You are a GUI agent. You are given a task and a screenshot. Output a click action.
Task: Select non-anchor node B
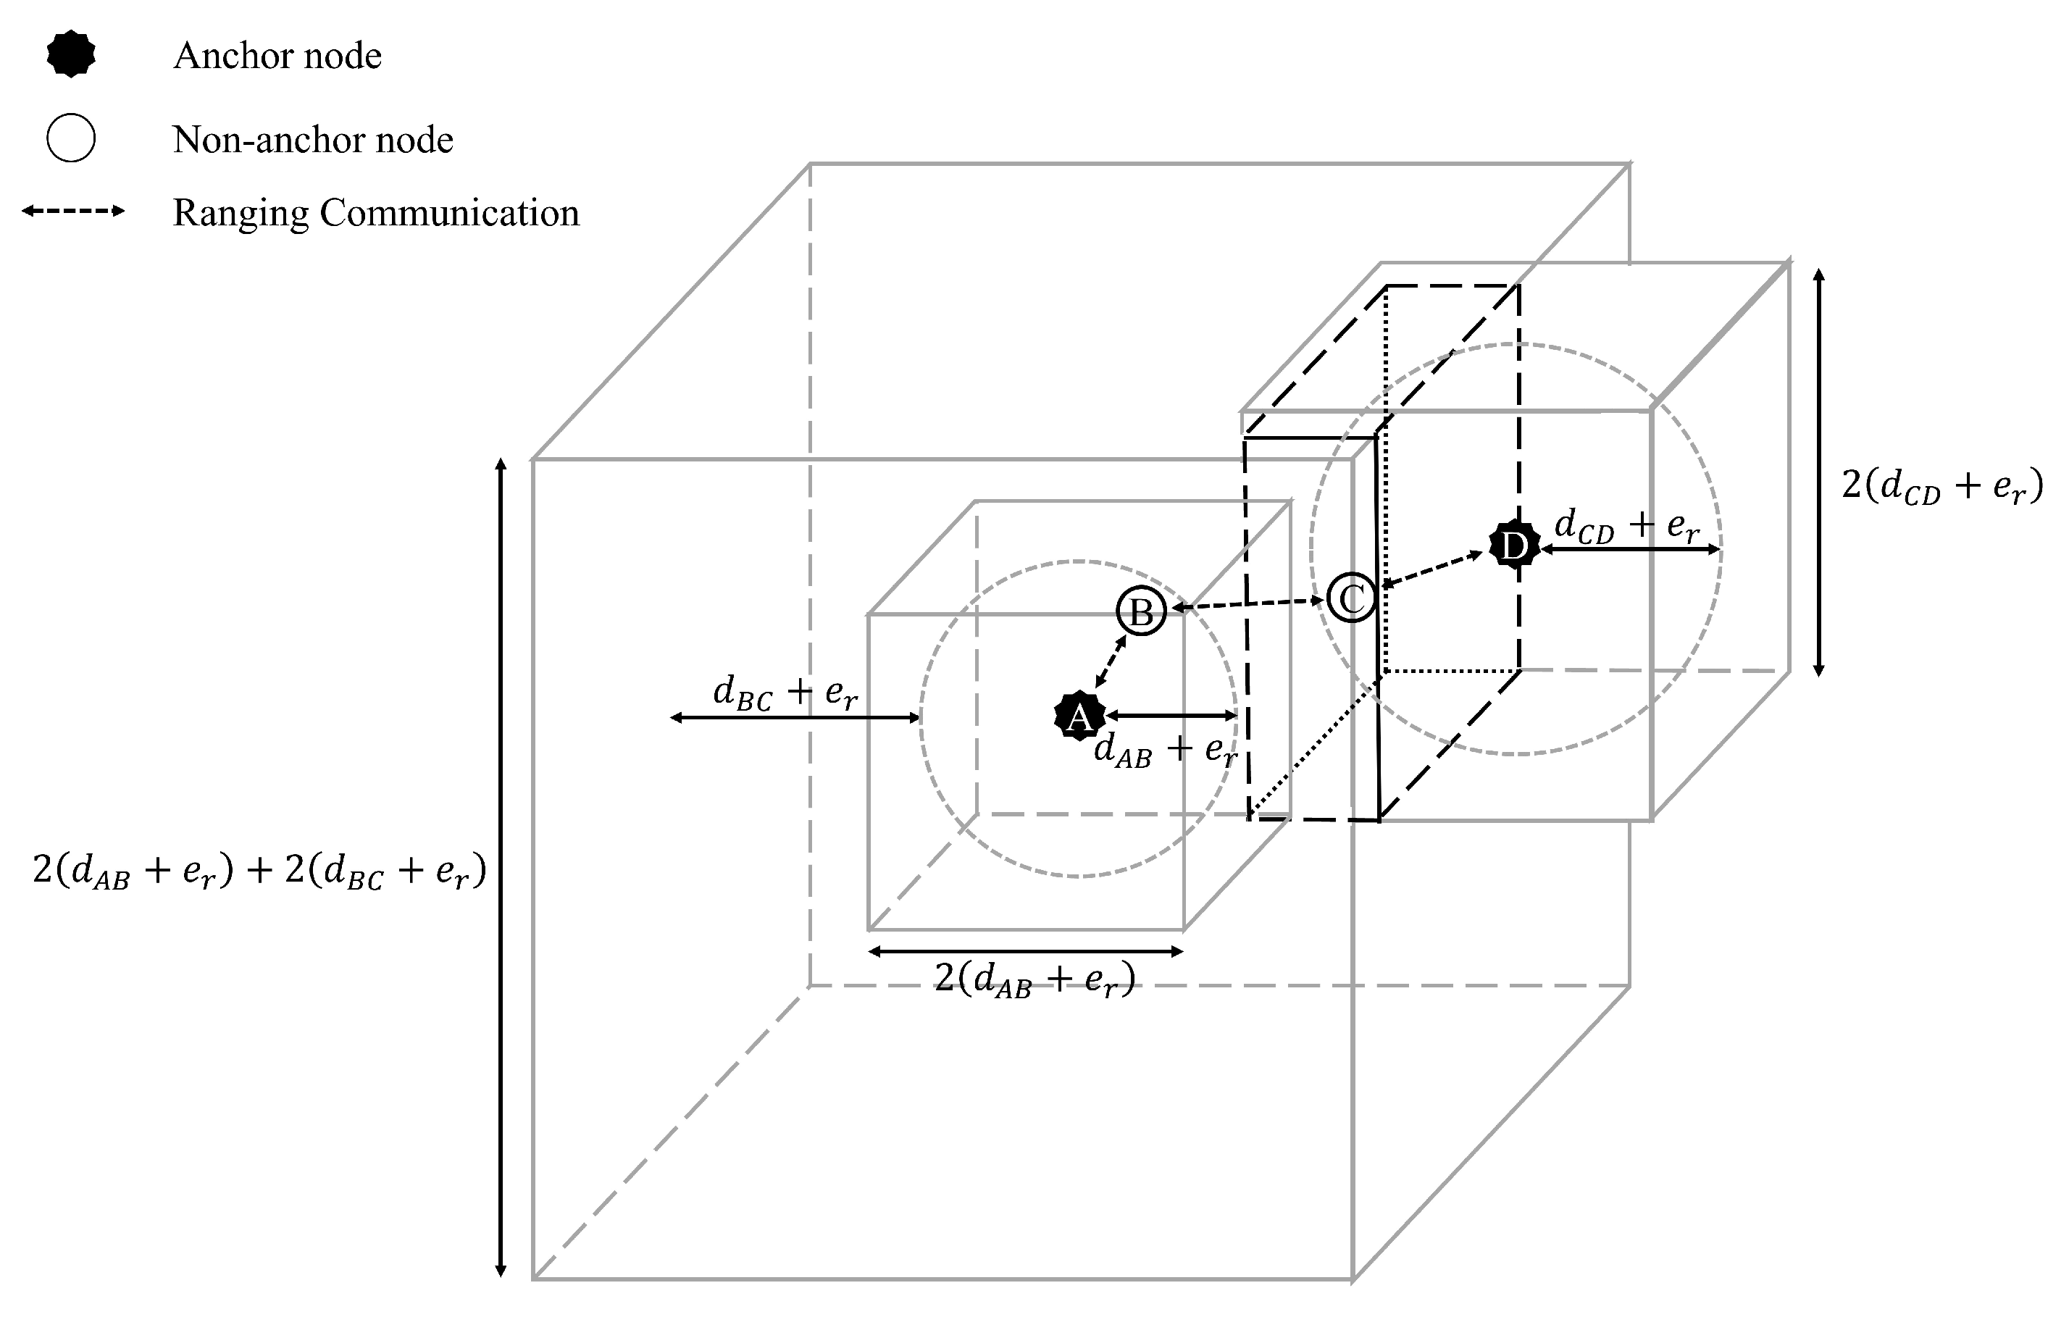(x=1140, y=611)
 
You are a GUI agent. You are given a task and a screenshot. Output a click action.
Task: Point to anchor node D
(x=1514, y=545)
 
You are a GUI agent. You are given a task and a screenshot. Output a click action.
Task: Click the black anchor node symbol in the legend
(x=70, y=54)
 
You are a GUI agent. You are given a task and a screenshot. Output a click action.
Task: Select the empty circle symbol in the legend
(x=70, y=138)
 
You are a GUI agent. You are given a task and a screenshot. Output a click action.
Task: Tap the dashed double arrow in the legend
(x=73, y=211)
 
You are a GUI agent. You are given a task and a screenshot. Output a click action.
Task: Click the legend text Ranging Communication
(x=375, y=213)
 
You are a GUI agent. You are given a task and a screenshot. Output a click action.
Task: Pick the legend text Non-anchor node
(x=312, y=139)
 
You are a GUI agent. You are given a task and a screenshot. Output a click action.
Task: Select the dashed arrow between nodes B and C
(x=1247, y=604)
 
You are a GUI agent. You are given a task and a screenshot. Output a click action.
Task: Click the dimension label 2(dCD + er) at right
(x=1941, y=486)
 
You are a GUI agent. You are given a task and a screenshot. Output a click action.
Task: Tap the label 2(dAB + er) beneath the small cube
(x=1034, y=979)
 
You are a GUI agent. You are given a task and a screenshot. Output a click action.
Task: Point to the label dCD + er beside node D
(x=1626, y=525)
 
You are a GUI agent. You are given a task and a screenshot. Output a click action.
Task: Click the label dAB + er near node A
(x=1164, y=749)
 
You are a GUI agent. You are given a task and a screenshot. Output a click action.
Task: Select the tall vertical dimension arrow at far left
(x=501, y=868)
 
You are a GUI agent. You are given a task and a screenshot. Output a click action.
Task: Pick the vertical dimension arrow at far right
(x=1818, y=472)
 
